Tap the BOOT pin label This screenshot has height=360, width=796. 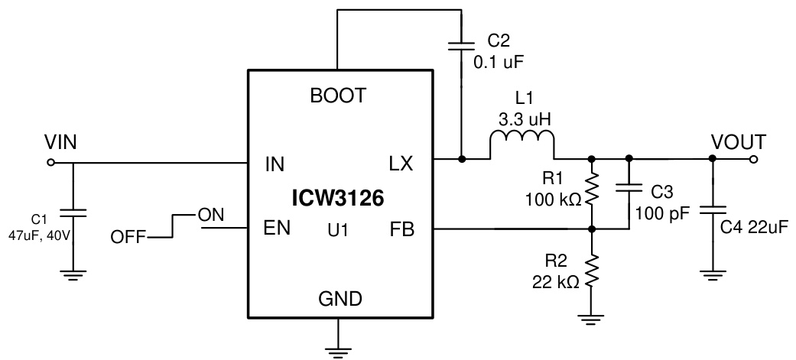click(x=338, y=96)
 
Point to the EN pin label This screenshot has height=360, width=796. click(x=277, y=229)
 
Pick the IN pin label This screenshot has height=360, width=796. click(x=275, y=164)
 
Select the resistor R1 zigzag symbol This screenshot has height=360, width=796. click(x=591, y=193)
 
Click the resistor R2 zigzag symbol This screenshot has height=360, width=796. click(x=591, y=271)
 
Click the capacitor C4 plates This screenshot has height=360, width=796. click(x=713, y=209)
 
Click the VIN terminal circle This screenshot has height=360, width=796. click(x=50, y=162)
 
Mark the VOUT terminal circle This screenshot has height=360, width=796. click(x=754, y=160)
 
